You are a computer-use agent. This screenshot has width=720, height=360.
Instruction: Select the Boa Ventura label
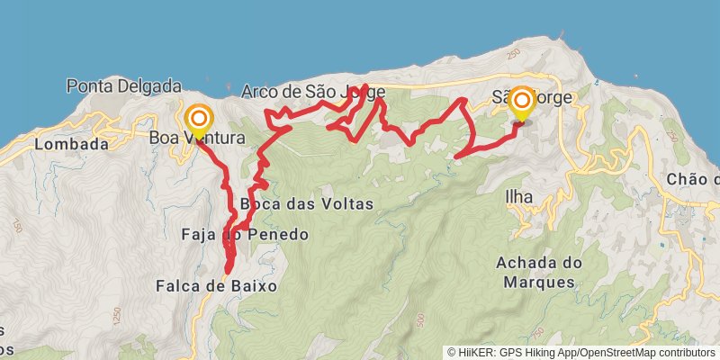[196, 138]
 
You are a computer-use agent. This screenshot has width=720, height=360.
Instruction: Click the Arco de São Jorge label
[312, 91]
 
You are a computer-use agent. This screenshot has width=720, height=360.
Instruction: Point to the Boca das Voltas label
[306, 203]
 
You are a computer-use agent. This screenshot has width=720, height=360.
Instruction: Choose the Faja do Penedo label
[245, 235]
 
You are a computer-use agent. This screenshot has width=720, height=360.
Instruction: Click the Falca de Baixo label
[216, 285]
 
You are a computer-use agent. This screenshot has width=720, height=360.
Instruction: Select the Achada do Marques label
[535, 272]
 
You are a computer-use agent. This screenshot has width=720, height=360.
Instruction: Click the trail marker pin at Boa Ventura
[198, 121]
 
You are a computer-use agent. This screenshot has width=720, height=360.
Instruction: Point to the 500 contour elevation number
[422, 318]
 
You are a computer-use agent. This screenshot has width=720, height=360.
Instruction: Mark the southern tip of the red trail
[229, 270]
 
